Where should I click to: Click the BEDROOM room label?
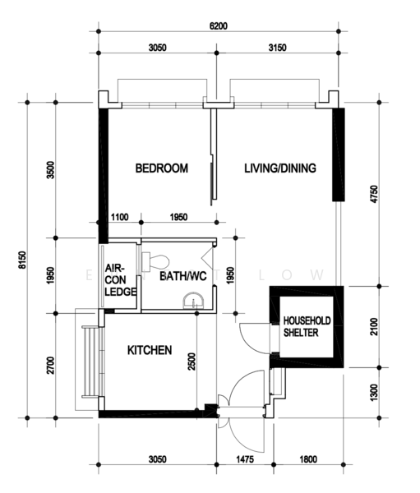tap(162, 168)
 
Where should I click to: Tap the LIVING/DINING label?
tap(280, 168)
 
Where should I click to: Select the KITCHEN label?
tap(150, 350)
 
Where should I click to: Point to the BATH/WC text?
tap(183, 276)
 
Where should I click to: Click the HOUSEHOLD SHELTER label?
tap(307, 327)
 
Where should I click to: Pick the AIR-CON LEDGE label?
tap(121, 280)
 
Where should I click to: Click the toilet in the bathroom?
tap(155, 261)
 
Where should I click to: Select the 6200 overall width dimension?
tap(219, 25)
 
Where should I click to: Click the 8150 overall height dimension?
tap(22, 260)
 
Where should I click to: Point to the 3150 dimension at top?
tap(278, 48)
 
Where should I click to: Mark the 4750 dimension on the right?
tap(374, 194)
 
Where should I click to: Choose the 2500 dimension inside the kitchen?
tap(192, 362)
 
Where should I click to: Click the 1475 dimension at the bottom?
tap(245, 459)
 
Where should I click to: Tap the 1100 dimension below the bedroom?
tap(120, 217)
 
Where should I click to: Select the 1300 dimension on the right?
tap(374, 393)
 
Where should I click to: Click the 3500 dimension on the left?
tap(50, 170)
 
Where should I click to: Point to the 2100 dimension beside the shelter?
tap(374, 327)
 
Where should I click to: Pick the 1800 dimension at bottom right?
tap(308, 459)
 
